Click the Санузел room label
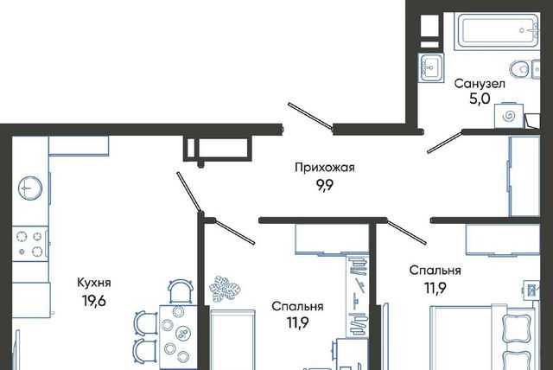pos(480,84)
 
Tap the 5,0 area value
pos(480,99)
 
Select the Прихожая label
pos(325,168)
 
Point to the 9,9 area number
pos(325,185)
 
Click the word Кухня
pos(94,283)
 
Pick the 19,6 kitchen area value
pos(94,301)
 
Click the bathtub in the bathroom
pos(497,31)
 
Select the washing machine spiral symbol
pos(509,116)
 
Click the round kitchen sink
pos(30,188)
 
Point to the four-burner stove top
pos(30,244)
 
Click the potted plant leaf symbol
pos(225,288)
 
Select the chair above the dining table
pos(181,291)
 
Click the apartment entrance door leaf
pos(310,116)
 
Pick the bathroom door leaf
pos(445,142)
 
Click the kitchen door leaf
pos(189,193)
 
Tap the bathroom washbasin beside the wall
pos(431,67)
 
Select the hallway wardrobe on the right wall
pos(524,175)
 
